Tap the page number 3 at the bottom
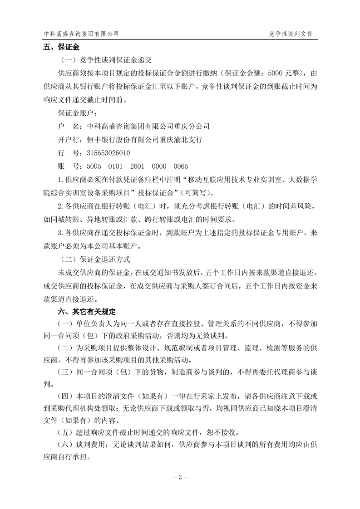180,477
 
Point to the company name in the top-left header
81,34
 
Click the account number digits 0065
180,166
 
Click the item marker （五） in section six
64,431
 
